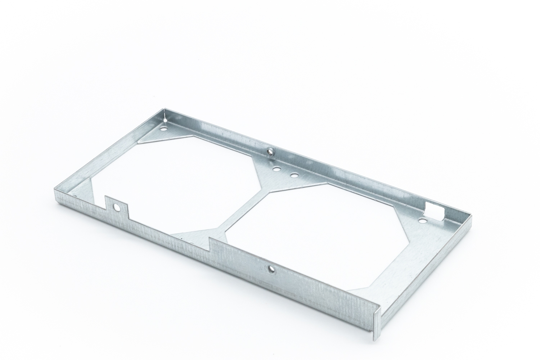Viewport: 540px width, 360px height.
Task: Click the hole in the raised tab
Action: [x=117, y=207]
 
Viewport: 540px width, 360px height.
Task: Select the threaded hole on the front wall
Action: [x=269, y=268]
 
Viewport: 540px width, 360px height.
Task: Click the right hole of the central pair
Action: [x=294, y=175]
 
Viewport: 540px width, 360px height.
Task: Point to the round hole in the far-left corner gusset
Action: [x=164, y=127]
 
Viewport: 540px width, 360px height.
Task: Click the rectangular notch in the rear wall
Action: [x=433, y=210]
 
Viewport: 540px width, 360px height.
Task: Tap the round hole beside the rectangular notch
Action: [x=422, y=219]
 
